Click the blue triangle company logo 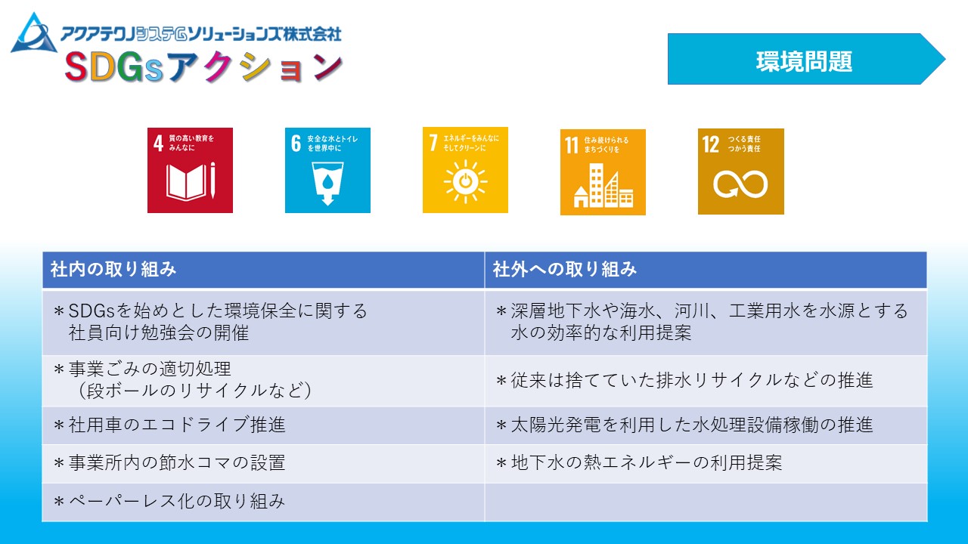click(x=34, y=34)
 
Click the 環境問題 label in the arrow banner click(x=804, y=61)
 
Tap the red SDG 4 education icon click(x=190, y=170)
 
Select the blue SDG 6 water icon click(x=327, y=170)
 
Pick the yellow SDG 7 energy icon click(x=465, y=170)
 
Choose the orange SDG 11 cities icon click(x=603, y=172)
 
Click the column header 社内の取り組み click(x=263, y=270)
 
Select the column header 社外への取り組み click(x=706, y=270)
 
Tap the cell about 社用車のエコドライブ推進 click(x=263, y=425)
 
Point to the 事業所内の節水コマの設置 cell click(x=263, y=463)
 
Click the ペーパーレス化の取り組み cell click(x=263, y=502)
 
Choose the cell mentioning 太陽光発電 click(x=706, y=425)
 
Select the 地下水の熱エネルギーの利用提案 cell click(x=706, y=463)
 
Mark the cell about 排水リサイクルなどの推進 click(x=706, y=380)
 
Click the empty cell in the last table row click(x=706, y=502)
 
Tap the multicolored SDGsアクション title click(x=204, y=67)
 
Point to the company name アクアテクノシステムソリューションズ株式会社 click(x=201, y=34)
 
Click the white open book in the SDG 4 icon click(x=185, y=181)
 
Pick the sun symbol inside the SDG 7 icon click(x=465, y=181)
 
